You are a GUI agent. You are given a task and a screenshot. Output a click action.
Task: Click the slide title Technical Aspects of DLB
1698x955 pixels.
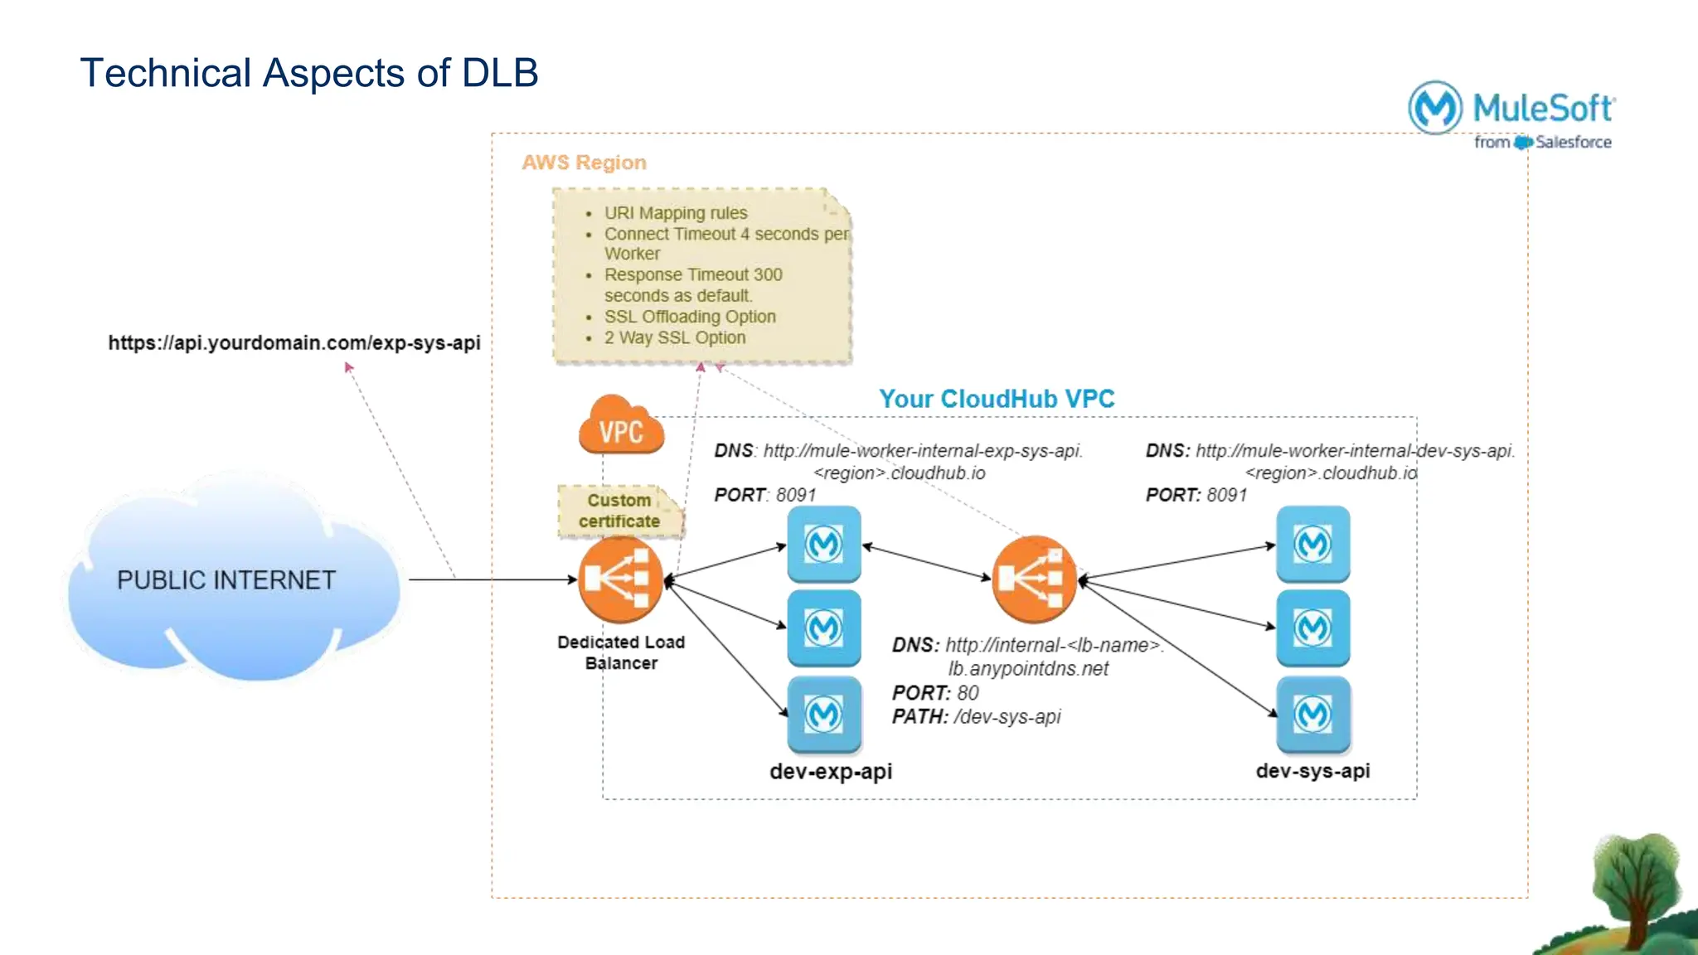click(x=308, y=73)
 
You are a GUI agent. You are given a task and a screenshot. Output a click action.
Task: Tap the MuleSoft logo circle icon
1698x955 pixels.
click(x=1435, y=107)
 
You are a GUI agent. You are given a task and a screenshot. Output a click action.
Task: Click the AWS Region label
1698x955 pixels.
click(x=584, y=162)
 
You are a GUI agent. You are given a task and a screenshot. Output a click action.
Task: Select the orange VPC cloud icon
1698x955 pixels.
click(x=621, y=426)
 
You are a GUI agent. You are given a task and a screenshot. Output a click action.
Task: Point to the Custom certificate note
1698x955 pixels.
click(x=619, y=511)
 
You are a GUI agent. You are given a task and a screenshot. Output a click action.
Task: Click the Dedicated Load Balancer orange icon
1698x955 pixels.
click(x=620, y=579)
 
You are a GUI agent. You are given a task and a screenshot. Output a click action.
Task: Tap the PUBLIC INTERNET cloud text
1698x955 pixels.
click(x=226, y=580)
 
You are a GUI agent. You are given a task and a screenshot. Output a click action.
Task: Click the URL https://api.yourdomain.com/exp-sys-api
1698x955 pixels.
click(x=294, y=343)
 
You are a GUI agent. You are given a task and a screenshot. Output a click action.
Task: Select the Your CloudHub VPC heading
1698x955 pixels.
click(x=997, y=399)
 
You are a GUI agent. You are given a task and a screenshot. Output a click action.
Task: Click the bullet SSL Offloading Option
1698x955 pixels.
click(x=690, y=317)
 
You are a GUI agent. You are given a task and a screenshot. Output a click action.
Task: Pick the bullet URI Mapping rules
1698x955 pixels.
click(x=676, y=213)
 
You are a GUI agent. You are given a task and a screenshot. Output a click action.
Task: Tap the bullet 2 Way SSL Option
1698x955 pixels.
click(x=675, y=337)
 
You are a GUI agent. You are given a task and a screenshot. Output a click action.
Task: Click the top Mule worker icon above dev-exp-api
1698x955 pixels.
click(x=823, y=545)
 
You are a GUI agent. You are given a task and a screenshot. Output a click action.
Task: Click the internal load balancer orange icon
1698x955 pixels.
click(x=1033, y=579)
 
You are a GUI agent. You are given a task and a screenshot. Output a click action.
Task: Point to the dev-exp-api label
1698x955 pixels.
click(x=831, y=772)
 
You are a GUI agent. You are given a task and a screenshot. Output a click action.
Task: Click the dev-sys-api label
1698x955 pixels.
click(x=1312, y=771)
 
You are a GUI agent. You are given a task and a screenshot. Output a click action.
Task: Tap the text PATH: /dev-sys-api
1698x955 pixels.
click(x=976, y=717)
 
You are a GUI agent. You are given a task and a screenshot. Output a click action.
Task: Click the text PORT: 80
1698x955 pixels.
click(x=935, y=693)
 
